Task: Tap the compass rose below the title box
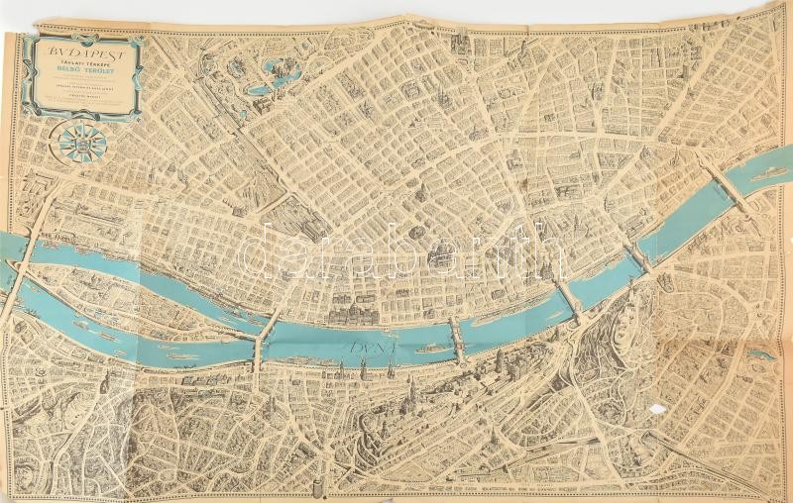pyautogui.click(x=82, y=142)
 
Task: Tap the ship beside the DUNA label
pyautogui.click(x=432, y=349)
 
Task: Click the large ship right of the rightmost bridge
pyautogui.click(x=769, y=171)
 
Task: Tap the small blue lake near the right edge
pyautogui.click(x=760, y=352)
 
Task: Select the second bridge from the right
pyautogui.click(x=639, y=256)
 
